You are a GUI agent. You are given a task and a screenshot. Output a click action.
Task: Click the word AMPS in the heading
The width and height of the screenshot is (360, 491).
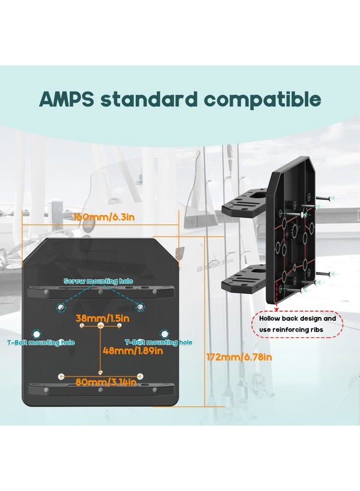(67, 99)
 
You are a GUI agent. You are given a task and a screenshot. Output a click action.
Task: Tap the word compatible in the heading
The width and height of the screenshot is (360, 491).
(263, 99)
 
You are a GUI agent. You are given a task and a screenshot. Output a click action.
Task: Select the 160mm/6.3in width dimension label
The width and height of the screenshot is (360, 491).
(104, 217)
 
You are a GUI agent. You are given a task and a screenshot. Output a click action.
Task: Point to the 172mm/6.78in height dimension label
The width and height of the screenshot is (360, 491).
(239, 357)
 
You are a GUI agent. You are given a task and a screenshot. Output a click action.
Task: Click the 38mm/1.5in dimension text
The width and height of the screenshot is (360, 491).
(103, 319)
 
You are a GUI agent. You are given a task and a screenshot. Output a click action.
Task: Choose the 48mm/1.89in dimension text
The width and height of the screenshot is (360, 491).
(133, 351)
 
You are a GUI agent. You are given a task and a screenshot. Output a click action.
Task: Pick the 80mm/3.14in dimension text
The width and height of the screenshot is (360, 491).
(106, 382)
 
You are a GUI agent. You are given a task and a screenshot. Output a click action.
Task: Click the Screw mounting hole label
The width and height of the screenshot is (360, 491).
(98, 281)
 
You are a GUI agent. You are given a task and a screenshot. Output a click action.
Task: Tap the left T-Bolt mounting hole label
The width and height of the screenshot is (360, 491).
(41, 343)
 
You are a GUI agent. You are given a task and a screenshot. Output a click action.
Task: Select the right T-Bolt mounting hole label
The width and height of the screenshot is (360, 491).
(158, 343)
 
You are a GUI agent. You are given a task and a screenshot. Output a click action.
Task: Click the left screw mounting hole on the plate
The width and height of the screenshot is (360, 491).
(61, 308)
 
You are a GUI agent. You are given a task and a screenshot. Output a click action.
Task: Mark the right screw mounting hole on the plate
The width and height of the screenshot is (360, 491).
(140, 307)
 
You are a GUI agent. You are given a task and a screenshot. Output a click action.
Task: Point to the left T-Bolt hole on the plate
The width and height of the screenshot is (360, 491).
(37, 334)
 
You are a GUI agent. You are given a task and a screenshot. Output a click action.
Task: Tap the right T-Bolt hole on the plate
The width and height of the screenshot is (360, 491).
(164, 333)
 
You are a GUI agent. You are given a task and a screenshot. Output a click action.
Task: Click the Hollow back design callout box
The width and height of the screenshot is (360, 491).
(297, 324)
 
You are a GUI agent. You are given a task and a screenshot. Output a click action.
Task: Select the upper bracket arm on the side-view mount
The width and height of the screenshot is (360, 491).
(244, 202)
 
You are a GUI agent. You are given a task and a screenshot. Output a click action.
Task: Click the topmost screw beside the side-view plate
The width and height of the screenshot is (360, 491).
(324, 198)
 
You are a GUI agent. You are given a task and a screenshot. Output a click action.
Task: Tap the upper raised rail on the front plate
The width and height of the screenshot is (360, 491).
(100, 292)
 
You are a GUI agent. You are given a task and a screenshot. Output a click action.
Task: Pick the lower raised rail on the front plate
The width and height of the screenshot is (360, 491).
(100, 390)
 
